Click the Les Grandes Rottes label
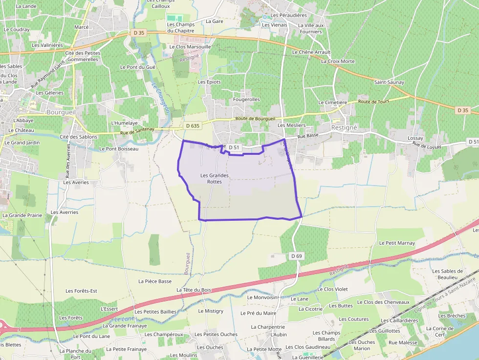[214, 178]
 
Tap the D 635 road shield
[193, 126]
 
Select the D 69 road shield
[297, 256]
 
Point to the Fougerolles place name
[247, 99]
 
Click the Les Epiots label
[209, 82]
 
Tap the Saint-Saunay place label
[389, 82]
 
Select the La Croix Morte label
[338, 62]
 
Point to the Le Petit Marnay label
[397, 243]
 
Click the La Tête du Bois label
[194, 290]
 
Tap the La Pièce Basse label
[155, 281]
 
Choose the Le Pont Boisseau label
[119, 148]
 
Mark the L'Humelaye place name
[125, 123]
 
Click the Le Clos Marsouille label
[190, 46]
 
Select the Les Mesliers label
[291, 125]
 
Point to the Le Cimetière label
[332, 103]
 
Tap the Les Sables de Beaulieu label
[447, 274]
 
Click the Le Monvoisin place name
[262, 297]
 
